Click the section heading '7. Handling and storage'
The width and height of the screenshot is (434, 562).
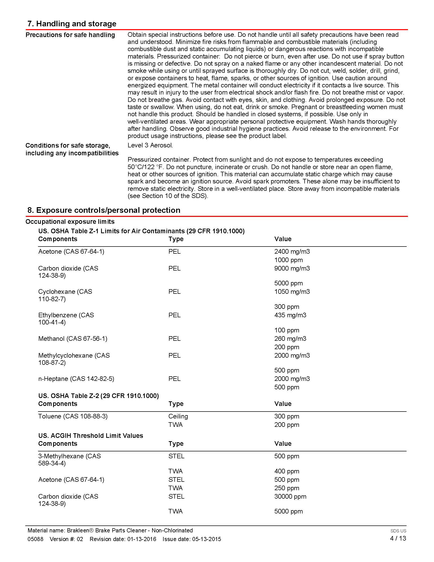pyautogui.click(x=72, y=24)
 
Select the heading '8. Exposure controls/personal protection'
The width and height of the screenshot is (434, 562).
pyautogui.click(x=104, y=210)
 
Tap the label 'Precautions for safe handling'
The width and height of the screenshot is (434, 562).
pyautogui.click(x=70, y=35)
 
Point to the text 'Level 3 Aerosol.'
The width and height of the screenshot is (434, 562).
pyautogui.click(x=150, y=145)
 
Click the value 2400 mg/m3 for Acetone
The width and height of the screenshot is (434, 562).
pyautogui.click(x=292, y=251)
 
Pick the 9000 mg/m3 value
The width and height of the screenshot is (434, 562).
pyautogui.click(x=292, y=268)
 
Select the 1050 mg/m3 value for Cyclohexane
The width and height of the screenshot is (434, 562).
pyautogui.click(x=292, y=291)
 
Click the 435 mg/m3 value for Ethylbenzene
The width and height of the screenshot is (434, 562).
pyautogui.click(x=290, y=315)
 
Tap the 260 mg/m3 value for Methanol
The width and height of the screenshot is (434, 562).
pyautogui.click(x=290, y=338)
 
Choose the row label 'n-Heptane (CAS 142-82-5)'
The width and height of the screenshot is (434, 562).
pyautogui.click(x=76, y=379)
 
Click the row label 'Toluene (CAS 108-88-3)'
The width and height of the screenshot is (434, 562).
pyautogui.click(x=73, y=416)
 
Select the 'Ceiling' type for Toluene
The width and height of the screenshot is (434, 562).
pyautogui.click(x=178, y=416)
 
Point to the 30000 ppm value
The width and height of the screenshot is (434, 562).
pyautogui.click(x=290, y=496)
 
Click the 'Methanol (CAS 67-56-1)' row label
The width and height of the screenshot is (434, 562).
pyautogui.click(x=73, y=338)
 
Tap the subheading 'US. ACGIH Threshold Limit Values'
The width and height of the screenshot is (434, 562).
pyautogui.click(x=91, y=436)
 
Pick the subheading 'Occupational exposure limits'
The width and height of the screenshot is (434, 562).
pyautogui.click(x=70, y=221)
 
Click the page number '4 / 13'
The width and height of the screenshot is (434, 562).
pyautogui.click(x=398, y=538)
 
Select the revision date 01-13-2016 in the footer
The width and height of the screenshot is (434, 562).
pyautogui.click(x=141, y=539)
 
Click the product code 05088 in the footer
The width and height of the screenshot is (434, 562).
pyautogui.click(x=35, y=539)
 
